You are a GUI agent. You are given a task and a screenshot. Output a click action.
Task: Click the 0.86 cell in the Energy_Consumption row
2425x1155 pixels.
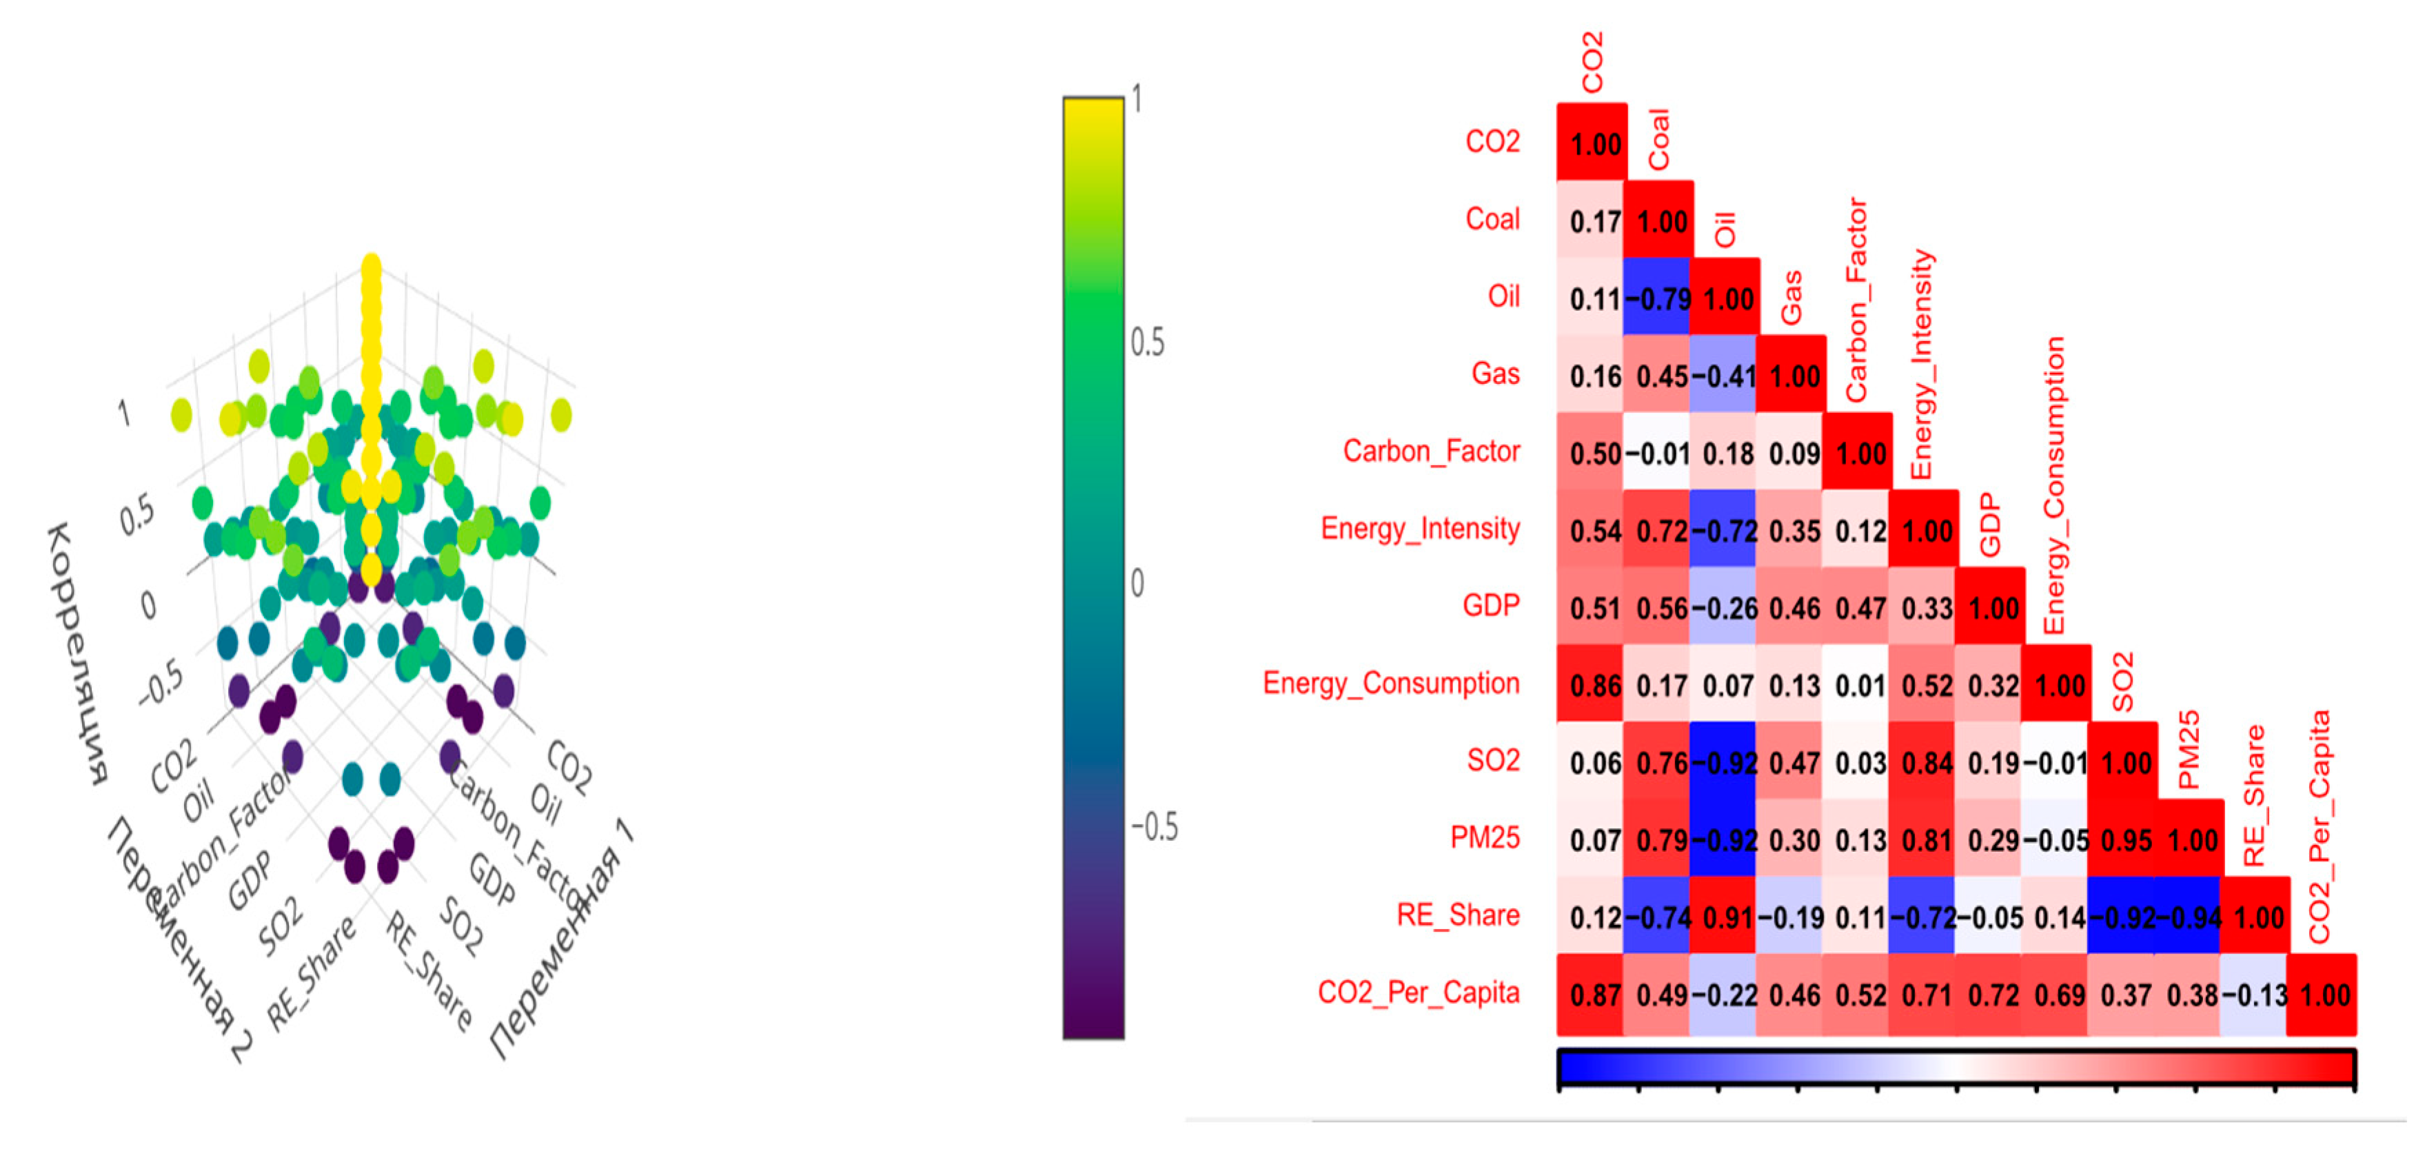tap(1594, 685)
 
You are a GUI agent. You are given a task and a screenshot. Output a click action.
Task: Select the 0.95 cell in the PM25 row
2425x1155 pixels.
tap(2126, 839)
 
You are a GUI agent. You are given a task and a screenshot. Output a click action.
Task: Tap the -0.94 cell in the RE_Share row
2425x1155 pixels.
tap(2191, 917)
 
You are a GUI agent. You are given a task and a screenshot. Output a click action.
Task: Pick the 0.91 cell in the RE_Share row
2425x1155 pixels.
tap(1727, 917)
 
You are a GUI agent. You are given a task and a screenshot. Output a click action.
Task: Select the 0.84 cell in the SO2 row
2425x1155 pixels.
tap(1926, 762)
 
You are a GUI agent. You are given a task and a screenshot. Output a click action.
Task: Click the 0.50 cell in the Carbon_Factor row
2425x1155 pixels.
tap(1594, 453)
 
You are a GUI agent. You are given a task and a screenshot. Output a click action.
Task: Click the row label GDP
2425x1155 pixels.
tap(1491, 605)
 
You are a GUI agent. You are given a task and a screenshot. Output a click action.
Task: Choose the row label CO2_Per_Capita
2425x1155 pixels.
tap(1418, 992)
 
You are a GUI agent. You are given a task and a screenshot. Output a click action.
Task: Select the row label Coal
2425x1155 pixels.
tap(1492, 219)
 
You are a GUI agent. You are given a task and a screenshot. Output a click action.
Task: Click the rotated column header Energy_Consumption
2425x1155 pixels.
tap(2054, 484)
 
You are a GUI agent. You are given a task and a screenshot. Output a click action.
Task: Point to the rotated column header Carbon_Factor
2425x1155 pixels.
tap(1856, 299)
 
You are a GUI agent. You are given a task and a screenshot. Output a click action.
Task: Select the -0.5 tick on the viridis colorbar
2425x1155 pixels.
tap(1153, 828)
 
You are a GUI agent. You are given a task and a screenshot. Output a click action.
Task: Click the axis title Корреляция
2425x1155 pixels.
tap(78, 653)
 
